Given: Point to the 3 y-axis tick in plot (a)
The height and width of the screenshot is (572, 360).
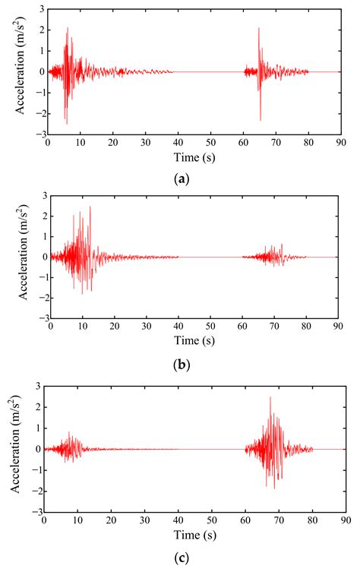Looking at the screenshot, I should [42, 10].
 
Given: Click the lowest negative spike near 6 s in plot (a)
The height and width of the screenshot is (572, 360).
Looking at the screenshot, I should [66, 123].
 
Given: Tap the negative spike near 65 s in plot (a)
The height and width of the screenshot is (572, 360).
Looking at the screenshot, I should [261, 120].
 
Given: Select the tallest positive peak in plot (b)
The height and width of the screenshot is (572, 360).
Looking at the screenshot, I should [90, 207].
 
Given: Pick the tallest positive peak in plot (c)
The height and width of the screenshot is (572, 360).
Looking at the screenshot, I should [270, 397].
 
